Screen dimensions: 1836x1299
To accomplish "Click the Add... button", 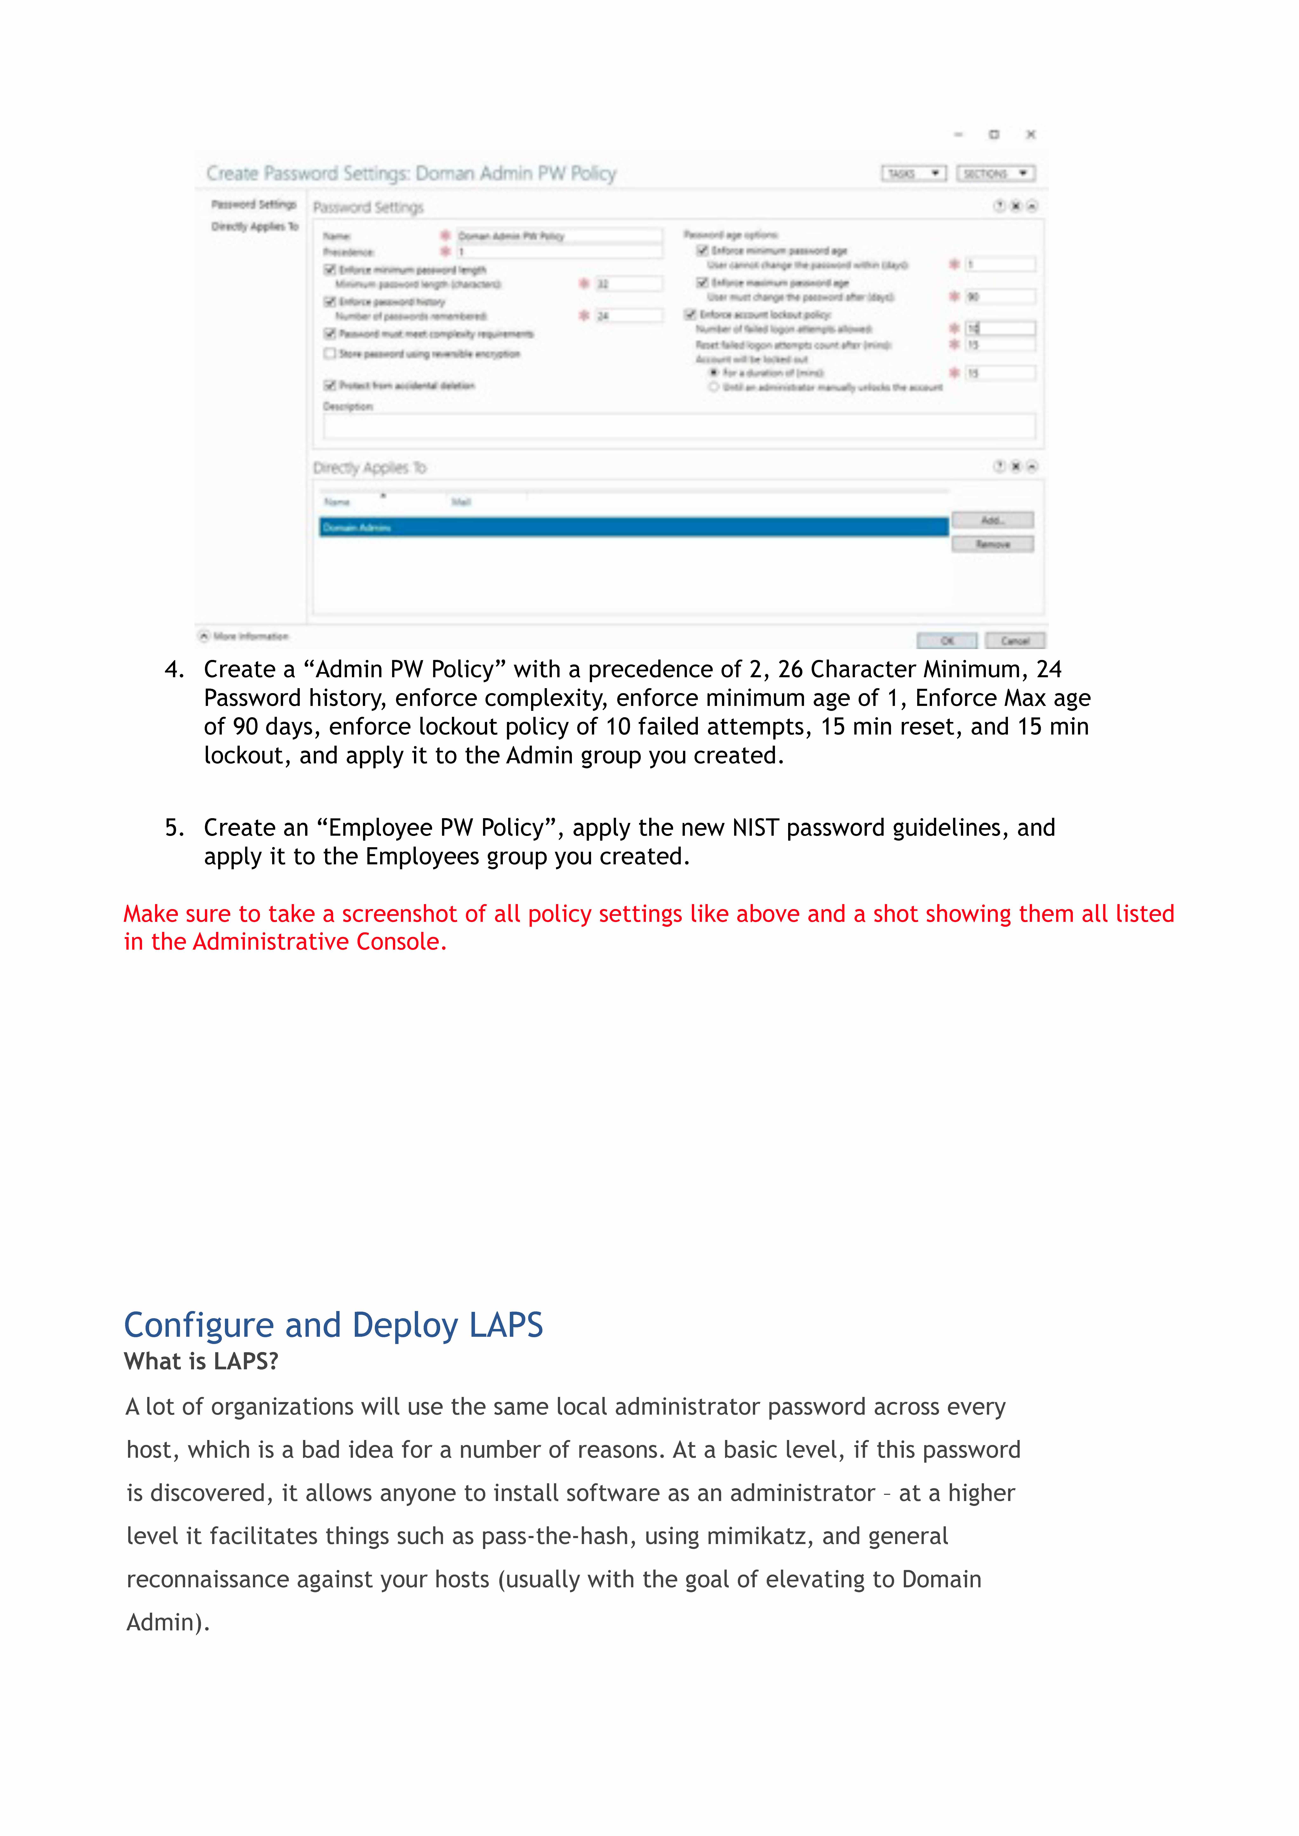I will point(992,521).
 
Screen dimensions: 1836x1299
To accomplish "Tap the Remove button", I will point(992,545).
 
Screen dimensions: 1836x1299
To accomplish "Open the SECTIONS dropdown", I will point(995,173).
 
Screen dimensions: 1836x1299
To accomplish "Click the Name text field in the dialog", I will point(558,236).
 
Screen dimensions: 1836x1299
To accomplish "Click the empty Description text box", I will point(678,426).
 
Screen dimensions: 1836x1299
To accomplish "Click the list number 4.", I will point(174,669).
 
